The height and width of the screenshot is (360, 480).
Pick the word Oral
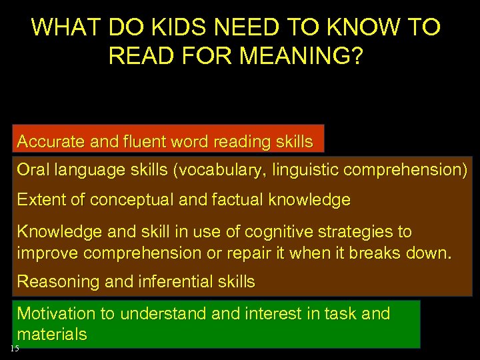32,170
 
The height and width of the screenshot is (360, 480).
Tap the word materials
52,335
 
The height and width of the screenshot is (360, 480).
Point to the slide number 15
15,349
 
